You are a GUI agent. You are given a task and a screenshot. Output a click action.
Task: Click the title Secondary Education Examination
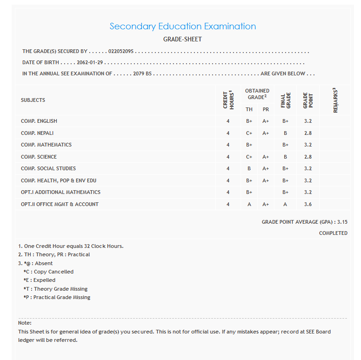(x=183, y=27)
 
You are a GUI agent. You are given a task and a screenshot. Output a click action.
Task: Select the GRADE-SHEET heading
(x=182, y=40)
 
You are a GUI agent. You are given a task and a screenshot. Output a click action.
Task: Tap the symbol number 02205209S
(x=120, y=51)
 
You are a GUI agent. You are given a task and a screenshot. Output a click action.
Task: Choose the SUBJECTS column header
(x=33, y=100)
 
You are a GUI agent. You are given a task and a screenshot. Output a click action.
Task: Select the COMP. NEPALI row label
(x=37, y=133)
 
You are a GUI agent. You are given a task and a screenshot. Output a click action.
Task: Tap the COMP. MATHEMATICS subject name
(x=46, y=145)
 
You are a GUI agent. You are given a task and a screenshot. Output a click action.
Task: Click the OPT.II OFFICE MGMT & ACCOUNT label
(x=60, y=204)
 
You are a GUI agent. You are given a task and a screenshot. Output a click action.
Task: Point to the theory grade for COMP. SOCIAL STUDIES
(x=249, y=168)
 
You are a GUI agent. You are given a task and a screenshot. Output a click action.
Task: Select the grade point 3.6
(x=308, y=204)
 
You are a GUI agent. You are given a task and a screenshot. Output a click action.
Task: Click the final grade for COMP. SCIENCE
(x=285, y=157)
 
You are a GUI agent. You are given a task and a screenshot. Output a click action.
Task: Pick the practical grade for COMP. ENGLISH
(x=266, y=121)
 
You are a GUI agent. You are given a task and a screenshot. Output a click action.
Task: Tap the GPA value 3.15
(x=341, y=222)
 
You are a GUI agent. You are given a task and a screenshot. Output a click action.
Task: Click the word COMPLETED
(x=333, y=233)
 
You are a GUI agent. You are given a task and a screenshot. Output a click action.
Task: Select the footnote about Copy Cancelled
(x=48, y=272)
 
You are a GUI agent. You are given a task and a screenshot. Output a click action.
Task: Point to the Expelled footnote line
(x=40, y=280)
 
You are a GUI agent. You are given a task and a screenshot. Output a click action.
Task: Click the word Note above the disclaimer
(x=24, y=323)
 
